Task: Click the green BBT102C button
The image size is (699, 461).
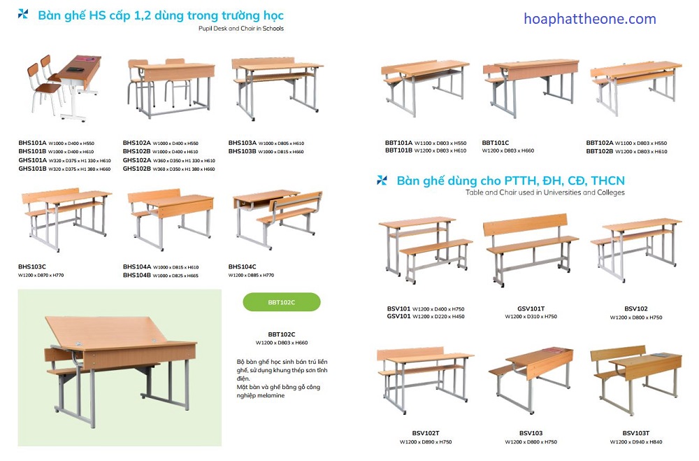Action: [x=281, y=302]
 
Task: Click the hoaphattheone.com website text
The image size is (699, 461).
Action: [x=590, y=19]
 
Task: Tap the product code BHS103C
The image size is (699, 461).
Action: [x=32, y=267]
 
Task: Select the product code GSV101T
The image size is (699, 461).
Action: [x=531, y=308]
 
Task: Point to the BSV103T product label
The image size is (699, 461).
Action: [x=635, y=434]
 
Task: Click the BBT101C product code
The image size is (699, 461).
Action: [x=496, y=143]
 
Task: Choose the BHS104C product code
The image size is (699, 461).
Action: [x=243, y=267]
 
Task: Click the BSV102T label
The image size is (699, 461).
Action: [x=425, y=434]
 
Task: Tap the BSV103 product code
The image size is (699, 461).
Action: [x=531, y=434]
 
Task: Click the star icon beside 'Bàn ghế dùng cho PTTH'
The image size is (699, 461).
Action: [x=382, y=180]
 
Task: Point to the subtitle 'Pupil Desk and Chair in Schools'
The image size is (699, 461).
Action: [x=241, y=29]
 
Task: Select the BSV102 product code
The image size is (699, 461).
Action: [x=635, y=308]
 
